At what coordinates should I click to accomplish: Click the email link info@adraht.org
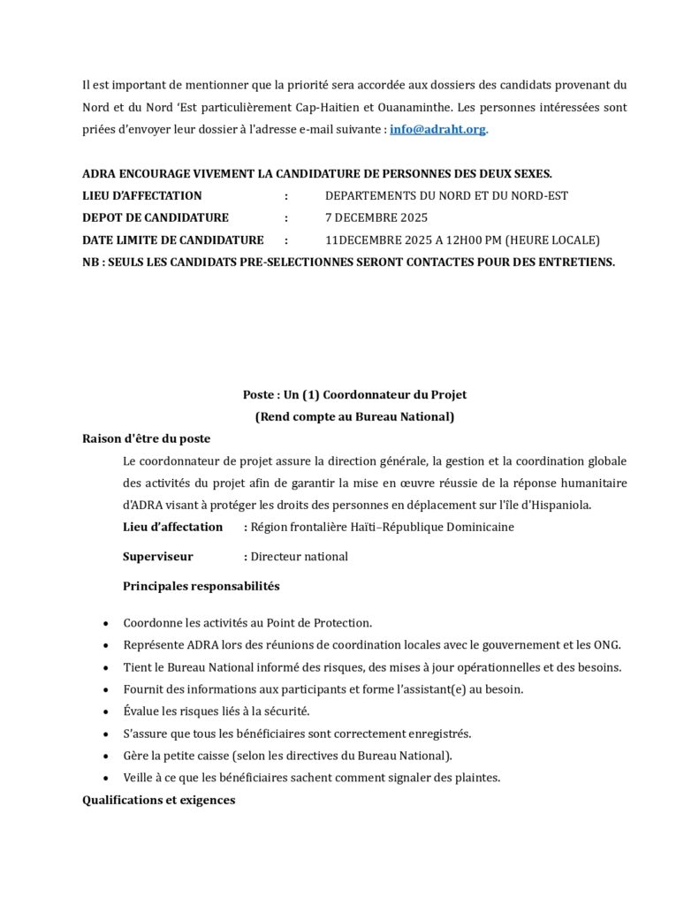[x=437, y=129]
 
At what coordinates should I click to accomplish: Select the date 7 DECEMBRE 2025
[x=376, y=217]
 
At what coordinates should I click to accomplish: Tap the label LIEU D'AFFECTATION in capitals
[x=142, y=195]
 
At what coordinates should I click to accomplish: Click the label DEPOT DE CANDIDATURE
[x=156, y=217]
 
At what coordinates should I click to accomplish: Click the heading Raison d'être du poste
[x=146, y=438]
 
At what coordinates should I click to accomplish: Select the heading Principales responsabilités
[x=201, y=586]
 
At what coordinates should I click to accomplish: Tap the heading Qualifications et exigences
[x=158, y=801]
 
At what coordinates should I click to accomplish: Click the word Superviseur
[x=157, y=557]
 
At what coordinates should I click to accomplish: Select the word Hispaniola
[x=558, y=506]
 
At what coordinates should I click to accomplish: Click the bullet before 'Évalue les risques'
[x=107, y=712]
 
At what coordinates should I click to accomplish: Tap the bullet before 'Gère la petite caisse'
[x=107, y=757]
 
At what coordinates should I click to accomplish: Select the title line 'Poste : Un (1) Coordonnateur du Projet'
[x=354, y=394]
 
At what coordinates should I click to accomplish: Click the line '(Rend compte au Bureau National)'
[x=354, y=416]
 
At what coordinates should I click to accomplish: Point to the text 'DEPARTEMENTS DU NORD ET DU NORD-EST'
[x=446, y=195]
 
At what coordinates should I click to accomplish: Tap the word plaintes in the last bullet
[x=477, y=778]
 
